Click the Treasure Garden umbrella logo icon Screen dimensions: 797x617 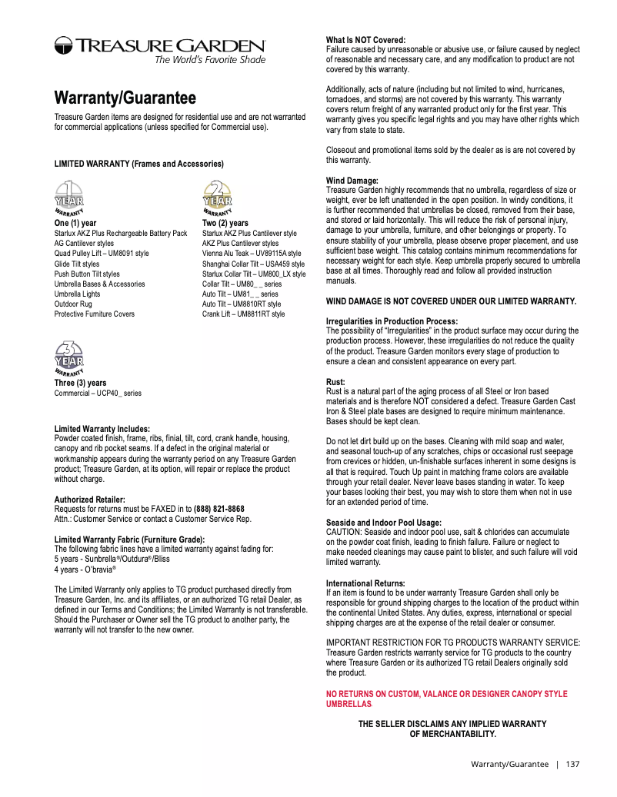click(64, 46)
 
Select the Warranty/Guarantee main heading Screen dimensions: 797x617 click(125, 98)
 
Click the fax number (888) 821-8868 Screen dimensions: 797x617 click(219, 509)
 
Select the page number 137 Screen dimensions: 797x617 click(572, 764)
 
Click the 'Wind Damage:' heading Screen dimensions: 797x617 click(352, 181)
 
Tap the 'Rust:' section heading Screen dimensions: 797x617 click(336, 382)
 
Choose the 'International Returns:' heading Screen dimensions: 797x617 click(365, 583)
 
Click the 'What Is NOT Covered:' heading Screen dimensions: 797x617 click(365, 40)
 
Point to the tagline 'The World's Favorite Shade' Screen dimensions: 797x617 click(210, 60)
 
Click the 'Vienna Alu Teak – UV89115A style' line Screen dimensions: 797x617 click(252, 254)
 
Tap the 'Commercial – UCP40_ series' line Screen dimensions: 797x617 click(98, 394)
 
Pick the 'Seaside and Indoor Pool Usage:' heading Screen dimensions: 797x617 click(384, 523)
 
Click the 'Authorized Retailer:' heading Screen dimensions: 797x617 click(89, 500)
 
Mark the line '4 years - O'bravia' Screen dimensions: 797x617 click(85, 570)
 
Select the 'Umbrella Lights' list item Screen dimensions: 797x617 click(77, 294)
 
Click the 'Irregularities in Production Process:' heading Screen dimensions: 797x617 click(392, 321)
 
